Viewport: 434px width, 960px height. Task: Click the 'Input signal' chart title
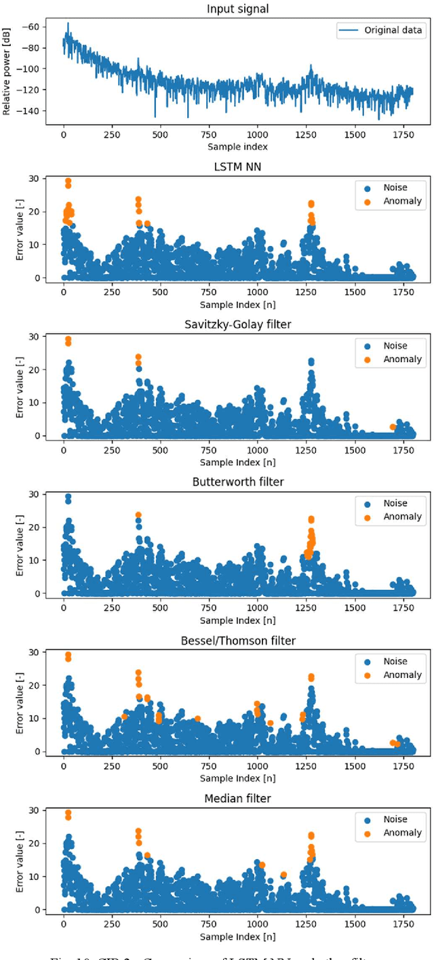pos(237,9)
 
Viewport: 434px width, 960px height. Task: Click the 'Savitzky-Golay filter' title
pos(237,324)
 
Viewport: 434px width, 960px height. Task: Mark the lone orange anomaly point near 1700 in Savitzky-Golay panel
pos(393,426)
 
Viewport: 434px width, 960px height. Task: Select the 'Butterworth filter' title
pos(237,482)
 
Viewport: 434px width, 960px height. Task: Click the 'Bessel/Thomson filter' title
pos(237,640)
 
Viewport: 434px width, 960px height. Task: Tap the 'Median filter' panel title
pos(237,798)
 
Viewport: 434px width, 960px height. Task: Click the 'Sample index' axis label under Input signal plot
pos(237,146)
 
